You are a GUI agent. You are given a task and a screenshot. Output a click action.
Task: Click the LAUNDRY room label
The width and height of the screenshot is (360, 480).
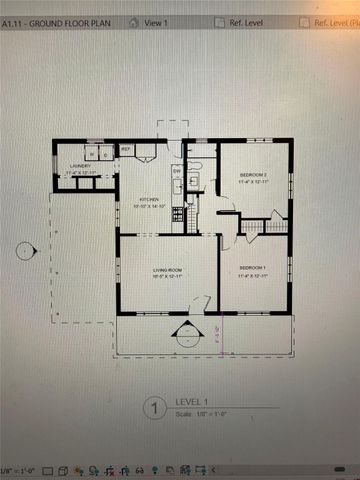tap(79, 166)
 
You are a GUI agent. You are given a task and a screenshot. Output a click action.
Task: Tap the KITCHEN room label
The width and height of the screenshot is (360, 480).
tap(148, 199)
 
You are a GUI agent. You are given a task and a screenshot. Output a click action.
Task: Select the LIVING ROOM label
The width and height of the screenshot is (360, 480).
tap(167, 271)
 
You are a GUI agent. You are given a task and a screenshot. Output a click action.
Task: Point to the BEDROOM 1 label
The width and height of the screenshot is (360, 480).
tap(251, 267)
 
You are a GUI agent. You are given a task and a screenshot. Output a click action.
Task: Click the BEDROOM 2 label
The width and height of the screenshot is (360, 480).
tap(252, 175)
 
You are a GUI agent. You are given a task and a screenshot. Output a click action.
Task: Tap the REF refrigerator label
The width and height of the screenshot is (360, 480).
tap(127, 150)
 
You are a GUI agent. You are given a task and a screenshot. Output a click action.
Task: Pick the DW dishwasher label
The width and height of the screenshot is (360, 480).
tap(176, 171)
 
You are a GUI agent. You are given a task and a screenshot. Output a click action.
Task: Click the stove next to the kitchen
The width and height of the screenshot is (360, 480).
tap(178, 213)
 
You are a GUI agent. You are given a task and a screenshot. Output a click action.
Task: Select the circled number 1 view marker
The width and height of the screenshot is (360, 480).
tap(154, 408)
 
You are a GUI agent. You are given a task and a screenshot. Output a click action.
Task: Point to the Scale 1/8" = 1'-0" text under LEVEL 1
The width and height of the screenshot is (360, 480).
tap(198, 414)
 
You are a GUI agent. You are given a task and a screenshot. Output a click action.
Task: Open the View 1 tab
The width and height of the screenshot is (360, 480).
tap(156, 21)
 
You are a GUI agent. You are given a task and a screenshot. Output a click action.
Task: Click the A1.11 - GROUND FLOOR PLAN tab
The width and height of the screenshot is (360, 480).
tap(56, 21)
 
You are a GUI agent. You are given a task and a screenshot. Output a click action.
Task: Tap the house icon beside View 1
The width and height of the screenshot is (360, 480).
tap(136, 21)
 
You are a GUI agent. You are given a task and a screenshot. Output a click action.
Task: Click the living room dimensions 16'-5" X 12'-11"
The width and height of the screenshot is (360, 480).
tap(167, 279)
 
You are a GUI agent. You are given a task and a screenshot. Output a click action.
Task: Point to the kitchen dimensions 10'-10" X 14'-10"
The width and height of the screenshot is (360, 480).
tap(148, 207)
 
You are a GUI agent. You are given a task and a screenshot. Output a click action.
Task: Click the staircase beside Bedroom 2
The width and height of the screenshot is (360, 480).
tap(277, 226)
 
